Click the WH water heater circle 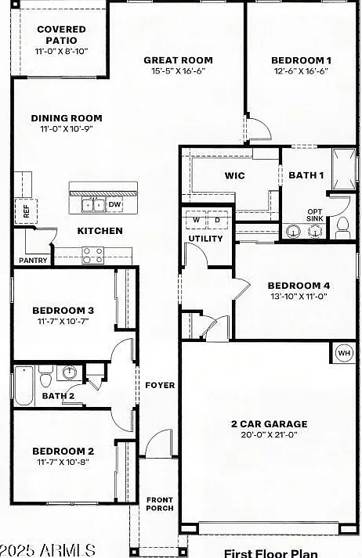pos(344,353)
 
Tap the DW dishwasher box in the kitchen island pos(114,204)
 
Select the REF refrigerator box pos(26,211)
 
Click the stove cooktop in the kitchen pos(93,255)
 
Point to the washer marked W pos(196,220)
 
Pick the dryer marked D pos(218,220)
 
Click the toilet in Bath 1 pos(342,228)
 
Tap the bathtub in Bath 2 pos(24,386)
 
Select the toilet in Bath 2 pos(45,376)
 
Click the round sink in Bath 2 pos(69,373)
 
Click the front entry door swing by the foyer pos(158,442)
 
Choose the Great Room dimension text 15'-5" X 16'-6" pos(178,70)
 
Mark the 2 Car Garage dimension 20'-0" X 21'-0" pos(269,434)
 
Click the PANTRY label pos(33,261)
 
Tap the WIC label pos(235,175)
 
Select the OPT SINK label pos(315,215)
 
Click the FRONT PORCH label pos(160,504)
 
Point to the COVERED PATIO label pos(62,34)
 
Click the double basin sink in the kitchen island pos(93,205)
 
